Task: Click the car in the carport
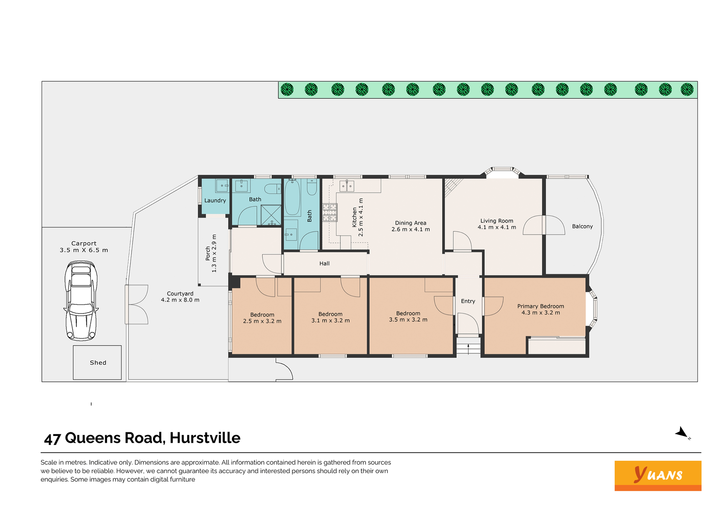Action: pyautogui.click(x=81, y=301)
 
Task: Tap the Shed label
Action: pyautogui.click(x=98, y=362)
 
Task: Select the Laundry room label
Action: pyautogui.click(x=215, y=201)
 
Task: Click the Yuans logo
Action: pyautogui.click(x=657, y=475)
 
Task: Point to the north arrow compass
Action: pyautogui.click(x=682, y=432)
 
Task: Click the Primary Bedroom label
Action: pyautogui.click(x=541, y=306)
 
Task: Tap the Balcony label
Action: pyautogui.click(x=582, y=226)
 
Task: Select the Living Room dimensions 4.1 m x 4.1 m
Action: pyautogui.click(x=497, y=227)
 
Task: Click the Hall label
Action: pyautogui.click(x=324, y=263)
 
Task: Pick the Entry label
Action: pyautogui.click(x=467, y=301)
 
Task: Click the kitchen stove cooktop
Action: pyautogui.click(x=330, y=212)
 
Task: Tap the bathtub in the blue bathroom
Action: pyautogui.click(x=292, y=197)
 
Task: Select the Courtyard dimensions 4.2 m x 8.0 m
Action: pyautogui.click(x=180, y=300)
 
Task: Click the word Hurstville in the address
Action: pyautogui.click(x=205, y=438)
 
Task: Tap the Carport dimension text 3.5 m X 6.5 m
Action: pyautogui.click(x=84, y=250)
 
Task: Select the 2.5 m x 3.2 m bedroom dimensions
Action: pyautogui.click(x=262, y=321)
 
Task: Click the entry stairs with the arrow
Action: pyautogui.click(x=468, y=347)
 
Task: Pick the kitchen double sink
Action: pyautogui.click(x=347, y=186)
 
